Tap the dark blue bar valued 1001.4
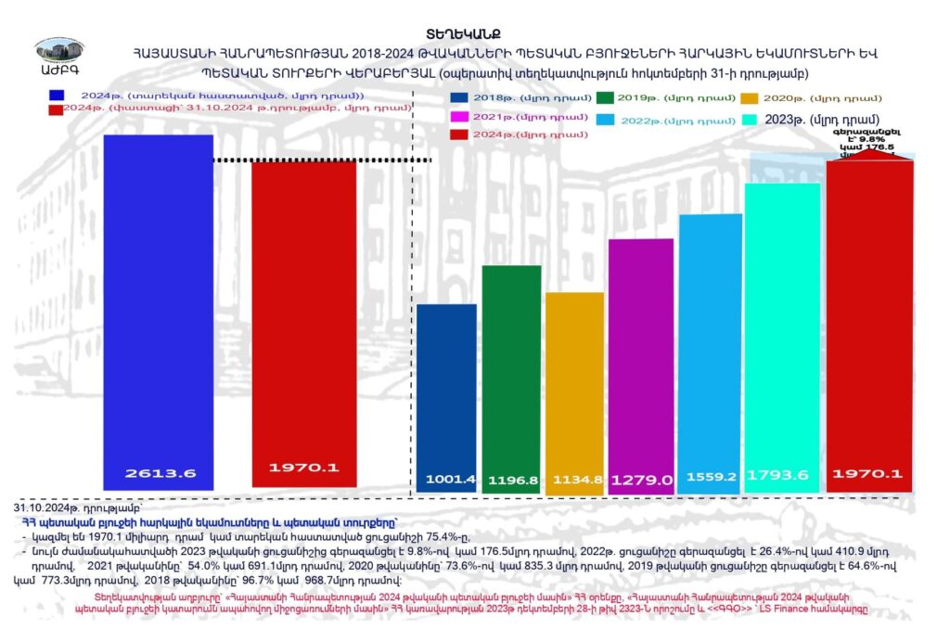click(x=446, y=390)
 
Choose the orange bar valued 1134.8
click(x=574, y=380)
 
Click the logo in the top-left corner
click(x=58, y=58)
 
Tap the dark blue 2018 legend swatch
click(x=458, y=97)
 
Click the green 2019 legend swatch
click(x=608, y=97)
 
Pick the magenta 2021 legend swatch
click(x=458, y=117)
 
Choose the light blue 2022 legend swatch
click(x=607, y=120)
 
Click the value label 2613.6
click(x=159, y=473)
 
